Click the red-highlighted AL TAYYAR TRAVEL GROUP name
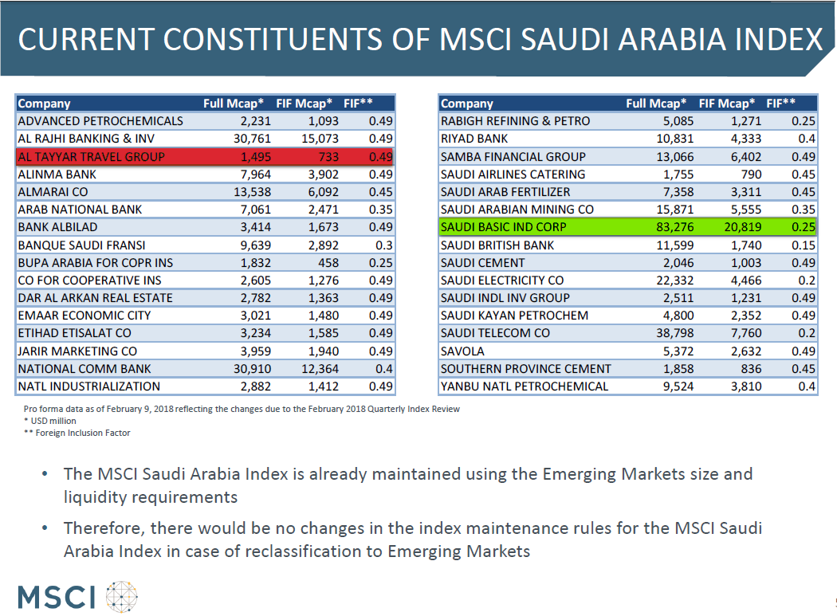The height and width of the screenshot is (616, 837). coord(92,157)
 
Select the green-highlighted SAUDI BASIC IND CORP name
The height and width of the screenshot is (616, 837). coord(503,227)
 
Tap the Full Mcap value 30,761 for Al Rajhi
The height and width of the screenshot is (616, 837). coord(252,139)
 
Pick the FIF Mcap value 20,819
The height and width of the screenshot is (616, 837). coord(742,227)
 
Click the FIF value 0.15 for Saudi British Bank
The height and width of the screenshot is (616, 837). coord(804,245)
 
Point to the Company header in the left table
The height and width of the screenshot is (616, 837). coord(45,104)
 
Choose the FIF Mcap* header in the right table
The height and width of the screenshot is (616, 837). coord(726,103)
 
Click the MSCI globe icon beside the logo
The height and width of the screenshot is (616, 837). coord(122,596)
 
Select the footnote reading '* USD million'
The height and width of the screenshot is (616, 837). coord(49,421)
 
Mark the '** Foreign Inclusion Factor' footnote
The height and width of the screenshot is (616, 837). coord(77,433)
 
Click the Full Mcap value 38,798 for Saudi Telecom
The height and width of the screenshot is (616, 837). coord(674,333)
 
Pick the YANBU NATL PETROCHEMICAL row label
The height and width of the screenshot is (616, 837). coord(525,386)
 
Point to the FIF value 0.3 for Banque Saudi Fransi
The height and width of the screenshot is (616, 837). coord(383,245)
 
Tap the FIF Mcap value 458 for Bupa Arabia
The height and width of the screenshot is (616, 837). coord(328,263)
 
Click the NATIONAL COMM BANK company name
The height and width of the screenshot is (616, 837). coord(84,369)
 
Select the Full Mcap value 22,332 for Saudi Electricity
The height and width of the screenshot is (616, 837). coord(674,281)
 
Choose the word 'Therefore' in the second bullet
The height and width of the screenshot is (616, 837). coord(104,528)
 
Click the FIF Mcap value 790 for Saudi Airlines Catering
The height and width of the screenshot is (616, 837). coord(751,175)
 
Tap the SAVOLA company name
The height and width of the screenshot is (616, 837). coord(462,351)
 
